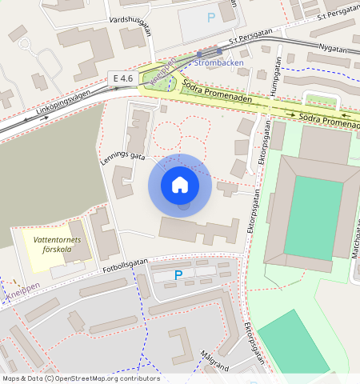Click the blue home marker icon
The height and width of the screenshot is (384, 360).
(x=180, y=185)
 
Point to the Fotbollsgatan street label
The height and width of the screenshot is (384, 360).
(x=126, y=263)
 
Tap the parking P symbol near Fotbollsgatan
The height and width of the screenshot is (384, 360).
(x=178, y=275)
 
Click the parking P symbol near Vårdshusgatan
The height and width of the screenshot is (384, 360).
(x=211, y=17)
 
